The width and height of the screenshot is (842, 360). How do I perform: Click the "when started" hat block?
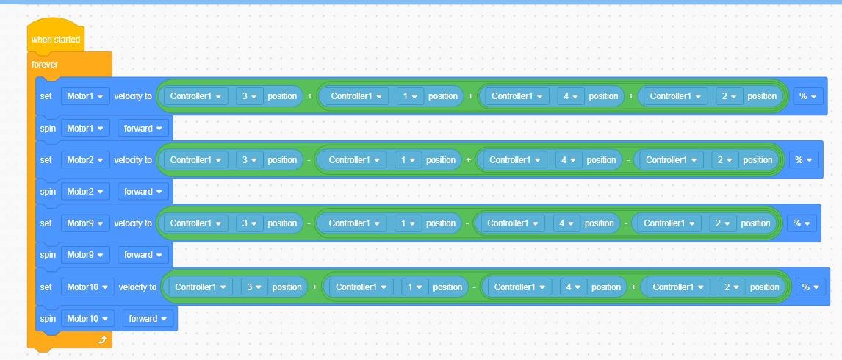click(x=55, y=39)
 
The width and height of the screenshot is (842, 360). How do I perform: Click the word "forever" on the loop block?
click(x=45, y=65)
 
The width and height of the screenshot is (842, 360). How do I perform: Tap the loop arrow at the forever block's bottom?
click(x=102, y=339)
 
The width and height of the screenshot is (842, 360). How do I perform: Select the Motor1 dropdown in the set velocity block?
click(x=85, y=96)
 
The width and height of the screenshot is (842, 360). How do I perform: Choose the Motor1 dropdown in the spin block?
click(x=85, y=129)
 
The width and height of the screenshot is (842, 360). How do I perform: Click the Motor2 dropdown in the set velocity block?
click(x=85, y=159)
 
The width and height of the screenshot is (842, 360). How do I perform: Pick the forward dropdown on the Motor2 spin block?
click(x=143, y=191)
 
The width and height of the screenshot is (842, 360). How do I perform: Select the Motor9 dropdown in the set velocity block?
click(x=85, y=223)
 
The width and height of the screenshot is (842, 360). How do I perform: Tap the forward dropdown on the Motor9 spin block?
click(x=143, y=255)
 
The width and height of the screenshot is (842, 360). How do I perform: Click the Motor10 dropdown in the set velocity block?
click(x=87, y=287)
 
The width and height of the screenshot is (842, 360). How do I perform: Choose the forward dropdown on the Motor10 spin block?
click(x=148, y=319)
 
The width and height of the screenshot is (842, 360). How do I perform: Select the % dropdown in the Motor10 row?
click(x=810, y=287)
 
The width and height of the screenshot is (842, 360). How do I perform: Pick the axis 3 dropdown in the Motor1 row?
click(x=250, y=96)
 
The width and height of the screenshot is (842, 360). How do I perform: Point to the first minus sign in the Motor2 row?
click(x=309, y=160)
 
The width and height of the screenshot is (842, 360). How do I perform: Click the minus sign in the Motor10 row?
click(x=474, y=287)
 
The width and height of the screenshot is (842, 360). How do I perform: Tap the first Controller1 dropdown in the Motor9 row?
click(x=196, y=223)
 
